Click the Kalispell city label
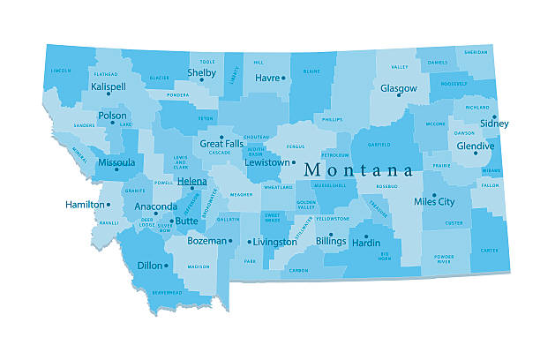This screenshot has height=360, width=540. coord(109,87)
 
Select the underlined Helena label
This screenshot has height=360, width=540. coord(191,181)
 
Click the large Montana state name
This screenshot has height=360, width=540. coord(358,169)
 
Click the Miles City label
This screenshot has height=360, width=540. coord(434,201)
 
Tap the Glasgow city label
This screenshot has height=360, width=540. coord(398,88)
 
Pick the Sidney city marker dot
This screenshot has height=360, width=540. coord(495,116)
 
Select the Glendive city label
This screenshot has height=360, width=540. coord(476,146)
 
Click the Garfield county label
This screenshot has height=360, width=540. coord(380,143)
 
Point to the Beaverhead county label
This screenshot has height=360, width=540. coord(165,291)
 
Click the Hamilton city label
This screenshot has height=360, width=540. coord(84,205)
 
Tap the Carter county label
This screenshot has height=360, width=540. coord(489,250)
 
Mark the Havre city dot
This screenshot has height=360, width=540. coord(283,78)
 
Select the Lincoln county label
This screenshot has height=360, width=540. coord(61,70)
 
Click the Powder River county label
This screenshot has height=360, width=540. coord(444,259)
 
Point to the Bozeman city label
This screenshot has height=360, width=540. coord(206,240)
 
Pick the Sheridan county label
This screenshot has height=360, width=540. coord(476,52)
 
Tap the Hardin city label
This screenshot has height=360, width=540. coord(366,242)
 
